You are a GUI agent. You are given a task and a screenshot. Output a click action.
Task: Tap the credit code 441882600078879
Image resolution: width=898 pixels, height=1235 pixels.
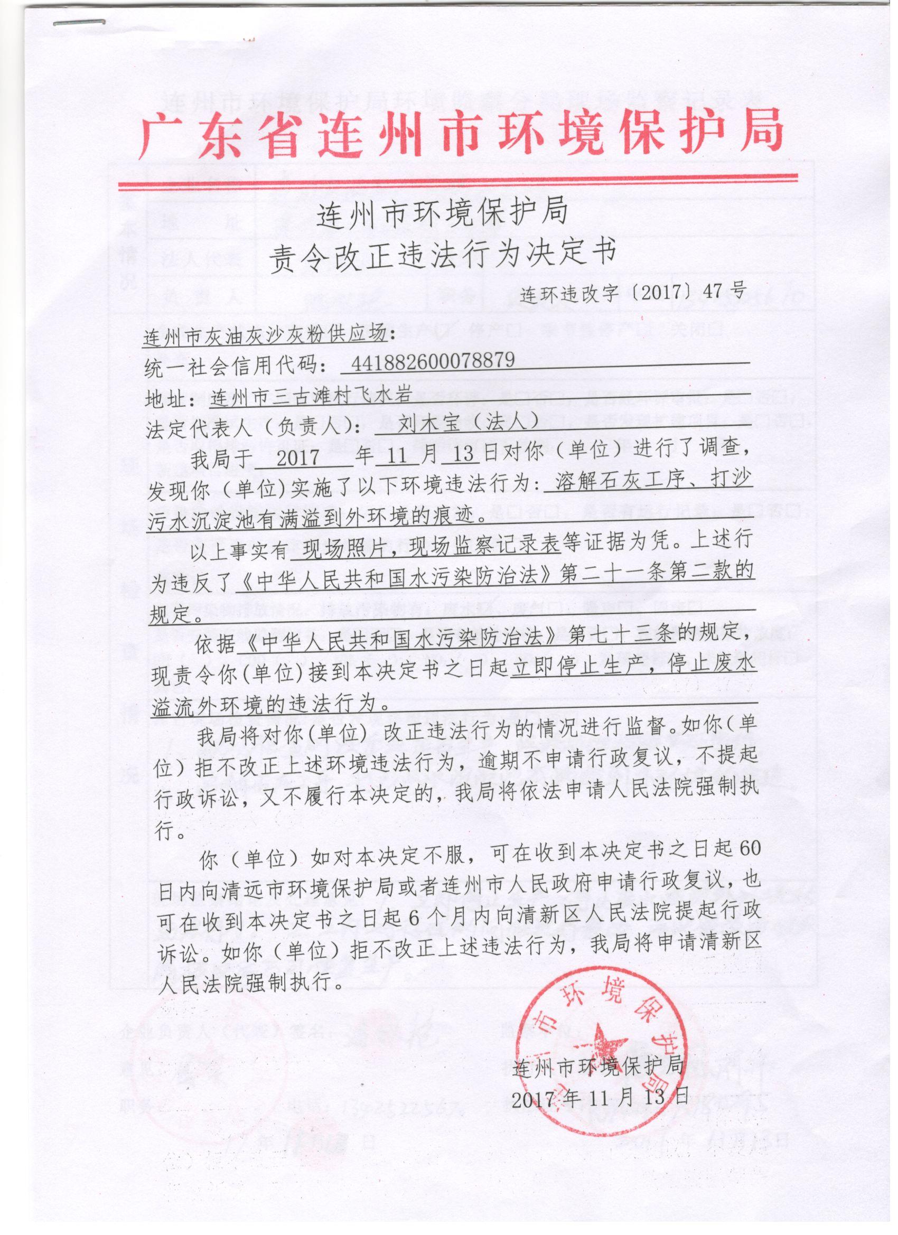[433, 360]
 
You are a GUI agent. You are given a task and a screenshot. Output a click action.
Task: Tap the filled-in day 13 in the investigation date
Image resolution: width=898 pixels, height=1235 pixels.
[462, 455]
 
